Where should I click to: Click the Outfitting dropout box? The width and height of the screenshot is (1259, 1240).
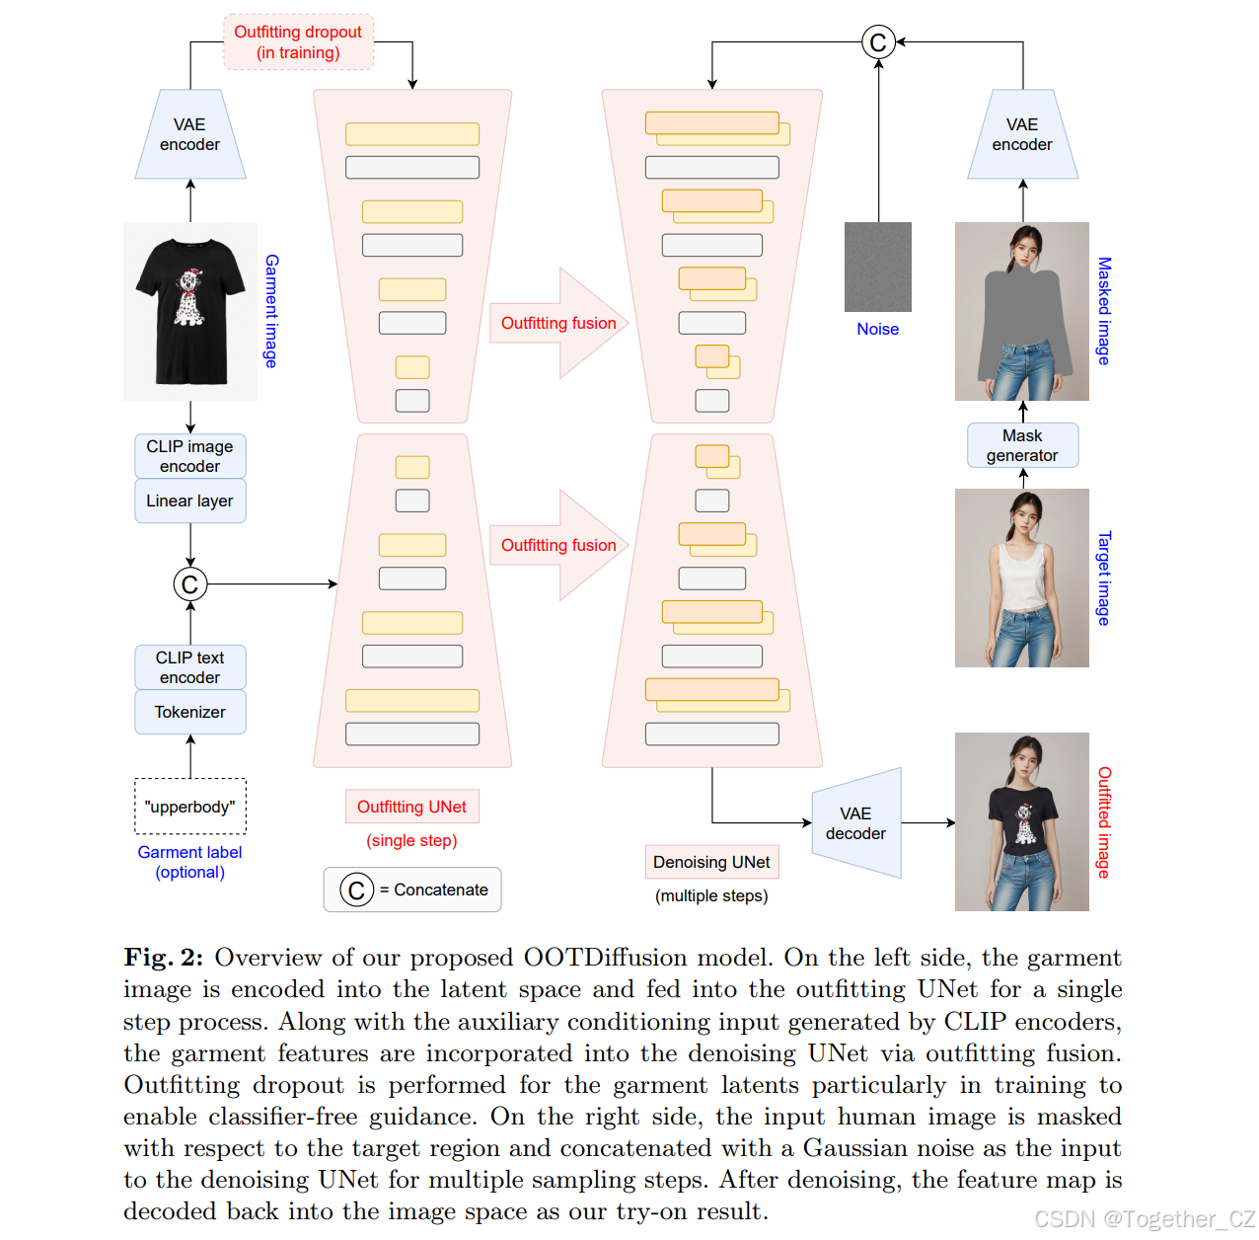tap(298, 42)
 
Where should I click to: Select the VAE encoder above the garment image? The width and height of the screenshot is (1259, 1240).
tap(189, 135)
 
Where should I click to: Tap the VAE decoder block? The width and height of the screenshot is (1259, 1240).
tap(856, 823)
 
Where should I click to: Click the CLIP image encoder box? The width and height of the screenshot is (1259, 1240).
tap(189, 456)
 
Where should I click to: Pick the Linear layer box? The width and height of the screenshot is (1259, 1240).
tap(189, 501)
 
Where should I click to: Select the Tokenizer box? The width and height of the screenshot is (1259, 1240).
tap(189, 712)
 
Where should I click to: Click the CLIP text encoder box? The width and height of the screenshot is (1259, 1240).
tap(189, 667)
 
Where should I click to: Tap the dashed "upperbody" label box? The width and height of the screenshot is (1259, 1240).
tap(189, 807)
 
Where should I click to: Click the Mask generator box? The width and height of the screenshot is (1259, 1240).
tap(1022, 445)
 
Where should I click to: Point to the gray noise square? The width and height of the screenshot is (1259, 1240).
tap(877, 267)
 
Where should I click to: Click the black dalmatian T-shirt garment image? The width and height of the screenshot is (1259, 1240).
tap(189, 311)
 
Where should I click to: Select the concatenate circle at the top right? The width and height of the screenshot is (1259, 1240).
tap(878, 42)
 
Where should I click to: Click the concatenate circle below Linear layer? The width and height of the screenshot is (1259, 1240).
tap(189, 584)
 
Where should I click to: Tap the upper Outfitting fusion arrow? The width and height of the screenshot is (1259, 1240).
tap(558, 323)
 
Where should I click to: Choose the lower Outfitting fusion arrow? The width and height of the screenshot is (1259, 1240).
tap(558, 545)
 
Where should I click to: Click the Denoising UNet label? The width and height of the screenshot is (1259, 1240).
tap(711, 862)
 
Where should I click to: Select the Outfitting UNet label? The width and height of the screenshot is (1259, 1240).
tap(411, 807)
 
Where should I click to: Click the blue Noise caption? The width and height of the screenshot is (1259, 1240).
tap(877, 329)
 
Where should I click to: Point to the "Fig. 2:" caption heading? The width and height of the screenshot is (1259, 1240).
tap(163, 958)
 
